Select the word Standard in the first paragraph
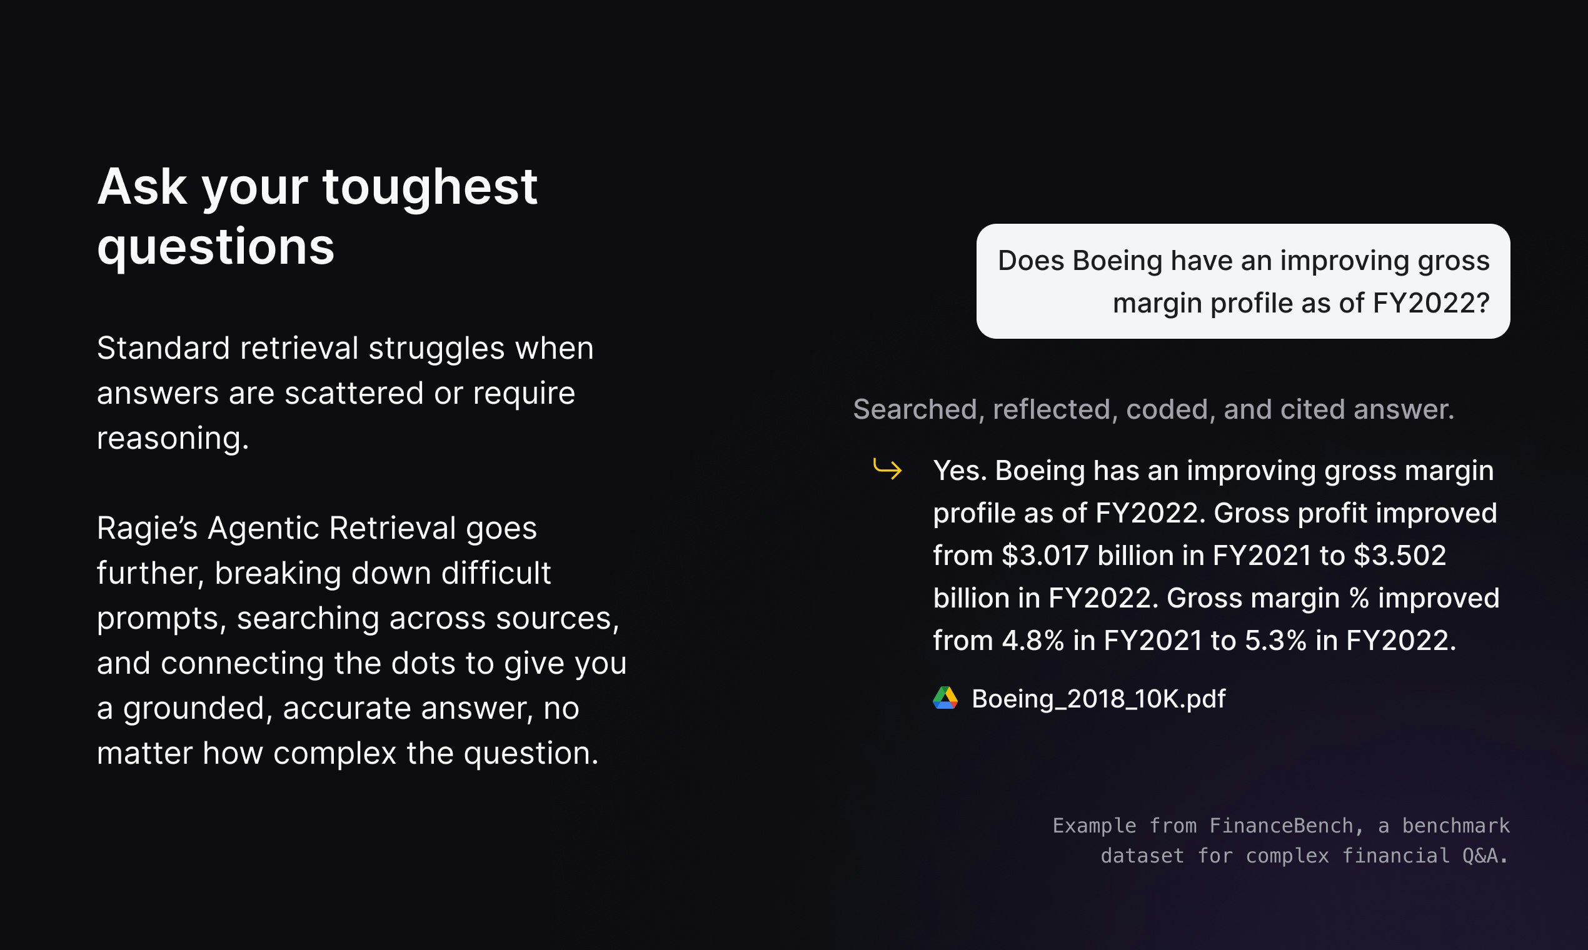pyautogui.click(x=163, y=348)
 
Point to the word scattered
pyautogui.click(x=354, y=393)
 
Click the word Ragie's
pyautogui.click(x=148, y=529)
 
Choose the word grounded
pyautogui.click(x=198, y=709)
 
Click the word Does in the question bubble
pyautogui.click(x=1031, y=261)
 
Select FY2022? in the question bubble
pyautogui.click(x=1431, y=303)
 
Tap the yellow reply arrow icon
pyautogui.click(x=888, y=469)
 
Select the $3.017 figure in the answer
pyautogui.click(x=1045, y=556)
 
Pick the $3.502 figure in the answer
pyautogui.click(x=1400, y=556)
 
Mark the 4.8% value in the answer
pyautogui.click(x=1033, y=641)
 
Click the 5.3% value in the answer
pyautogui.click(x=1275, y=641)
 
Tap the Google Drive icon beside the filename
pyautogui.click(x=945, y=698)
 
